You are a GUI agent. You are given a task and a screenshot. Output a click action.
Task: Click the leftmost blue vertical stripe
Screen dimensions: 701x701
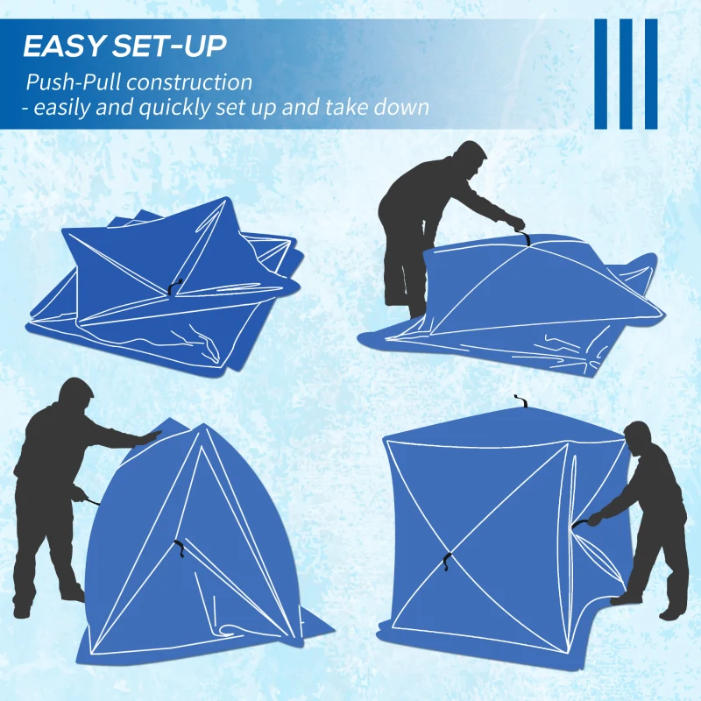601,74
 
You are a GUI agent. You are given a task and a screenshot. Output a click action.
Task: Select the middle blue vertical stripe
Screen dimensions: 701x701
626,74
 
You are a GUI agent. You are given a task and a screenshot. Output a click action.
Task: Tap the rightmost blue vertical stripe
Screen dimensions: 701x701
650,74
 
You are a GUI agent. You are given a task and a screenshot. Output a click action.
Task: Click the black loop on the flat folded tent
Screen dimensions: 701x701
175,286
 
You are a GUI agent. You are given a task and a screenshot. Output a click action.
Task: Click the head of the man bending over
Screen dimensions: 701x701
472,159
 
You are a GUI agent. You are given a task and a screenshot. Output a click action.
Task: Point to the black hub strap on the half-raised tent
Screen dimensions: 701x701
179,549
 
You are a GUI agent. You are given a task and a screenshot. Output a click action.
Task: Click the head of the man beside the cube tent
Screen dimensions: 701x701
638,436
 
